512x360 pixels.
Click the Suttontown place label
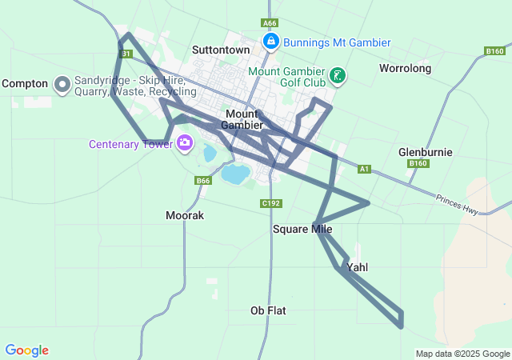(221, 50)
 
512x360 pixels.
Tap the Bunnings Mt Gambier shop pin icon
(270, 41)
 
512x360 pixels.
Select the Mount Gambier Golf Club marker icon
(338, 76)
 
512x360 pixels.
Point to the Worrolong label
(405, 68)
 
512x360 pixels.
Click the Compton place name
(25, 83)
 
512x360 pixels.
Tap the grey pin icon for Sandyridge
(62, 84)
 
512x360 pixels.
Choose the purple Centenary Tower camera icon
(185, 143)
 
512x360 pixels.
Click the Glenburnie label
(425, 152)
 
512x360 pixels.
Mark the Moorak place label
(185, 215)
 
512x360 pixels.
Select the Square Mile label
(302, 230)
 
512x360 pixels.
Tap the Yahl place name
(358, 267)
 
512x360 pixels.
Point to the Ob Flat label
(268, 310)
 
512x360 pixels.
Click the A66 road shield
(270, 24)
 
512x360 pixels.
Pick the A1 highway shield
(364, 169)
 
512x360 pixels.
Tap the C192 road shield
(270, 204)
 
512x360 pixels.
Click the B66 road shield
(202, 181)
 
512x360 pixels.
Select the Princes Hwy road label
(457, 205)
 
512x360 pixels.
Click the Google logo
(27, 350)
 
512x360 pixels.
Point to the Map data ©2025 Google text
(462, 354)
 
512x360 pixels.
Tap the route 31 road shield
(125, 54)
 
